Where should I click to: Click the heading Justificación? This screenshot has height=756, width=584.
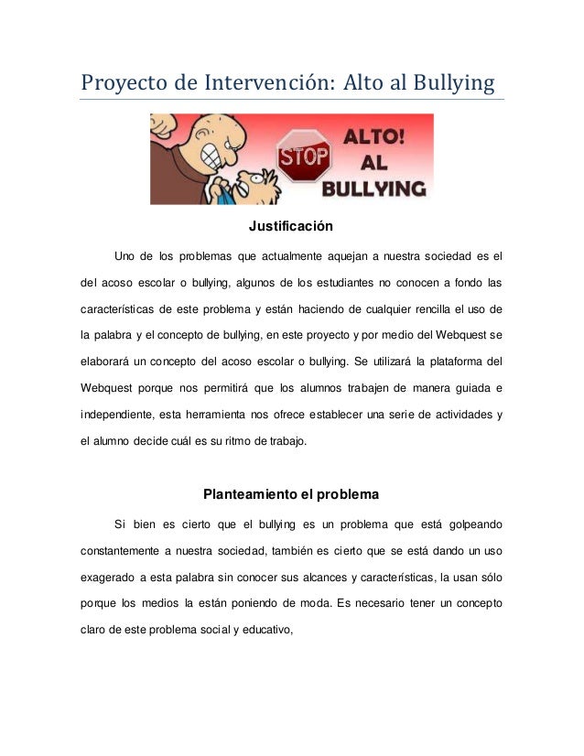pyautogui.click(x=290, y=225)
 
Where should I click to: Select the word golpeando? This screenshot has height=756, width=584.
pyautogui.click(x=472, y=525)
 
